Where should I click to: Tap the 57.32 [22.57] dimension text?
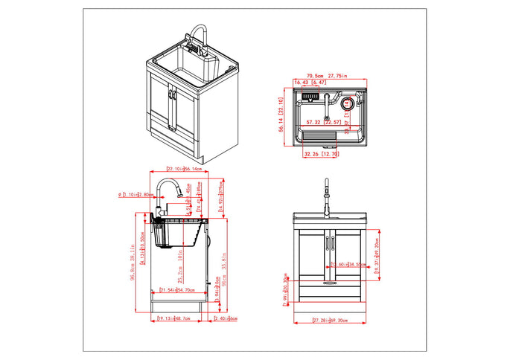[324, 122]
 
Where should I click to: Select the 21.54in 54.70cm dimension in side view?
[176, 289]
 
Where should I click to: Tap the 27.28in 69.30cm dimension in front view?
[331, 321]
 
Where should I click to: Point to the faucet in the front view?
[326, 197]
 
